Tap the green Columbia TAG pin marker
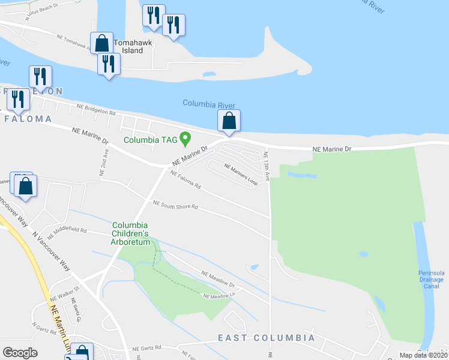(x=185, y=139)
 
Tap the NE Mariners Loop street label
(x=241, y=174)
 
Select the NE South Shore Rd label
(x=175, y=206)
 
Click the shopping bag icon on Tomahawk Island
(x=101, y=43)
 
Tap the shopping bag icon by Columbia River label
(x=229, y=121)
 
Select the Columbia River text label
(x=209, y=104)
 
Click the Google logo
(x=20, y=353)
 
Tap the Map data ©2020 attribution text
(x=423, y=355)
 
